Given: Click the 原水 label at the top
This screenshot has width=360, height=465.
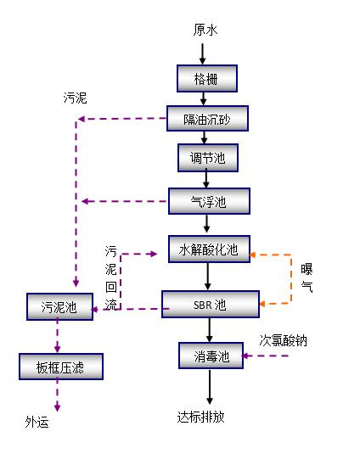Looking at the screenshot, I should point(205,31).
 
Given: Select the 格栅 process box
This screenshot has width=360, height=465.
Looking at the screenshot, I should point(207,78).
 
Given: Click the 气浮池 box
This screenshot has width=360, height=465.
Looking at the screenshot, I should point(209,201).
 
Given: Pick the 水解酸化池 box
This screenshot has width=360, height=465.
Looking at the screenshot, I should point(209,249).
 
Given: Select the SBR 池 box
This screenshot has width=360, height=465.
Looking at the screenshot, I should point(210,304).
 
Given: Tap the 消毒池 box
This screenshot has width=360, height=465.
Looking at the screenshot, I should point(211,356).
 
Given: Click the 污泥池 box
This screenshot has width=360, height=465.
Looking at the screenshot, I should point(59,306).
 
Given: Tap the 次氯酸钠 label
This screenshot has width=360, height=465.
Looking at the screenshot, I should point(283,341).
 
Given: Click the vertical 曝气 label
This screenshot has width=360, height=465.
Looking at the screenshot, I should point(307,277).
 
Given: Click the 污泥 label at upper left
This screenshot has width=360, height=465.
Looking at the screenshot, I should point(75,98).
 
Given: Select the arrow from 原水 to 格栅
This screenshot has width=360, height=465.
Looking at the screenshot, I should point(202,53).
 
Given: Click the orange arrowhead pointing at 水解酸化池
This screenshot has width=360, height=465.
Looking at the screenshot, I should point(256,252).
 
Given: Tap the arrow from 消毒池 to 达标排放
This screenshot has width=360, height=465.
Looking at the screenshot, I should point(209,389).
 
